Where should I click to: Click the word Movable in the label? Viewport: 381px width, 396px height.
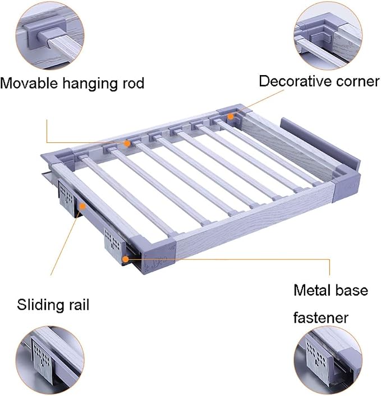[x=29, y=83]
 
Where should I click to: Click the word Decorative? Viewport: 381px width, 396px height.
[x=294, y=81]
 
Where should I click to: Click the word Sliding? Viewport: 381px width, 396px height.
[x=41, y=305]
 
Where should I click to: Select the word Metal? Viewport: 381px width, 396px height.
[x=312, y=290]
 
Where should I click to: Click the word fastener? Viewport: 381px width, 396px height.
[x=320, y=317]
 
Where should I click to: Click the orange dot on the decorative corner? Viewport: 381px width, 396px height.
[x=231, y=117]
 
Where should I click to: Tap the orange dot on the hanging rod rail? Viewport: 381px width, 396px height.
[x=127, y=143]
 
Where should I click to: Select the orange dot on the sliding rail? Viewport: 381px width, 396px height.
[x=82, y=206]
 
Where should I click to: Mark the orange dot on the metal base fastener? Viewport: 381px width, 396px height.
[x=125, y=259]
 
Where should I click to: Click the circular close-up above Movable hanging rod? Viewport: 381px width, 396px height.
[x=50, y=35]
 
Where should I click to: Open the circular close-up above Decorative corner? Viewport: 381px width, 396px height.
[x=328, y=36]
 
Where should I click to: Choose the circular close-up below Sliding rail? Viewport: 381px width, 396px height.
[x=50, y=360]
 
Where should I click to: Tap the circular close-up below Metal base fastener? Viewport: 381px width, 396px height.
[x=328, y=360]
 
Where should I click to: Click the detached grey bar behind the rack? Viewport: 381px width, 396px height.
[x=320, y=143]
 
